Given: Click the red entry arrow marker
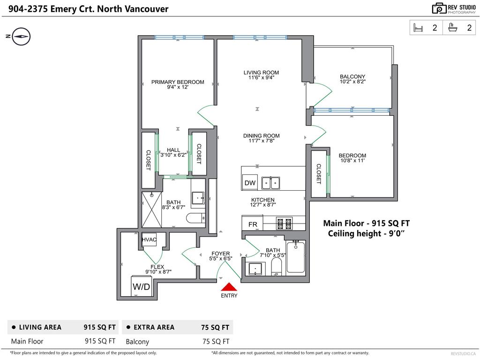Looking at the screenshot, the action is [229, 287].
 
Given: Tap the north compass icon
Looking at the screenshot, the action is [21, 37].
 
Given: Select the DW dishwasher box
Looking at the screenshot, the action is [250, 182].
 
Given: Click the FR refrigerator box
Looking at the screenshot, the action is [253, 224].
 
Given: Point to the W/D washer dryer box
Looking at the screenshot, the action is [142, 286].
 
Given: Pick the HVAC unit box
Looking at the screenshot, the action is [149, 240].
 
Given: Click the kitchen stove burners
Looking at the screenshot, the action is [285, 224].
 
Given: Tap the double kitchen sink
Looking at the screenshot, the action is [270, 183].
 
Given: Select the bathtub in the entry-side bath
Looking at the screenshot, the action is [295, 257].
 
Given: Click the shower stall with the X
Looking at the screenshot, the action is [151, 210].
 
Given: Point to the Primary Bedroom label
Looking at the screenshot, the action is [178, 82].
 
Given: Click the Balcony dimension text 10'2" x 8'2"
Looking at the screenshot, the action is [352, 82].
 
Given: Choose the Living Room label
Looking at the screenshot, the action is [261, 73].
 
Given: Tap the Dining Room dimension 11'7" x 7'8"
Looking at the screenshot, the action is [261, 141].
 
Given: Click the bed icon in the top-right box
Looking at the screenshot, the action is [418, 28].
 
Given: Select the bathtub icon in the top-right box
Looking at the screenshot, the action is [452, 28].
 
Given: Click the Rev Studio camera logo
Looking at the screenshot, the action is [439, 8].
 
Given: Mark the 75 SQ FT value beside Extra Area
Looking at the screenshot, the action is [215, 327].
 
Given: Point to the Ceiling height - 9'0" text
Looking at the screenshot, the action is [366, 233].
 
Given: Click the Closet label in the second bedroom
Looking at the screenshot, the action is [319, 174].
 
